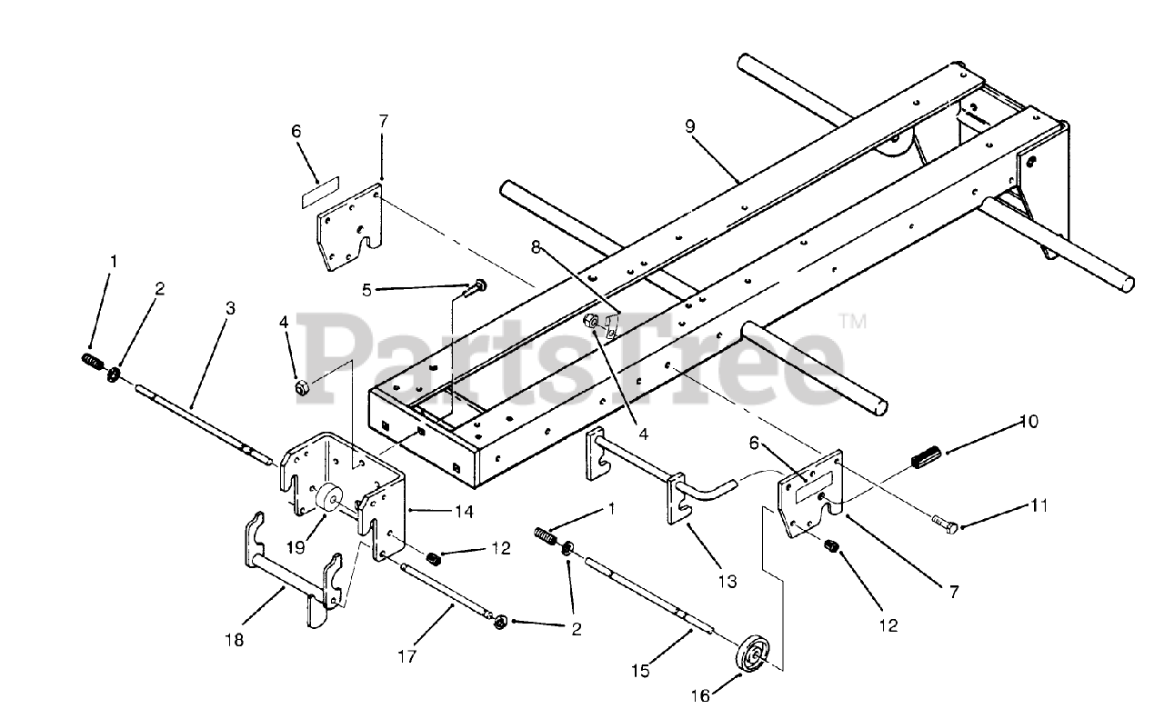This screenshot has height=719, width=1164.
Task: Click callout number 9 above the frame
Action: click(690, 126)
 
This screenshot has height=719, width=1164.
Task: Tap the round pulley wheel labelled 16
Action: click(752, 657)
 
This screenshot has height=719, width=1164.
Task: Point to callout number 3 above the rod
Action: click(231, 309)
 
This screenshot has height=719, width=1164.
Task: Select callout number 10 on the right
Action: click(1029, 423)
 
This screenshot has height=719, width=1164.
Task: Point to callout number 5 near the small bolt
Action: click(367, 291)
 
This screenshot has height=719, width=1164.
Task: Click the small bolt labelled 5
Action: click(475, 287)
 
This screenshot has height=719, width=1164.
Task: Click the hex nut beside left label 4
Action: click(301, 389)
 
